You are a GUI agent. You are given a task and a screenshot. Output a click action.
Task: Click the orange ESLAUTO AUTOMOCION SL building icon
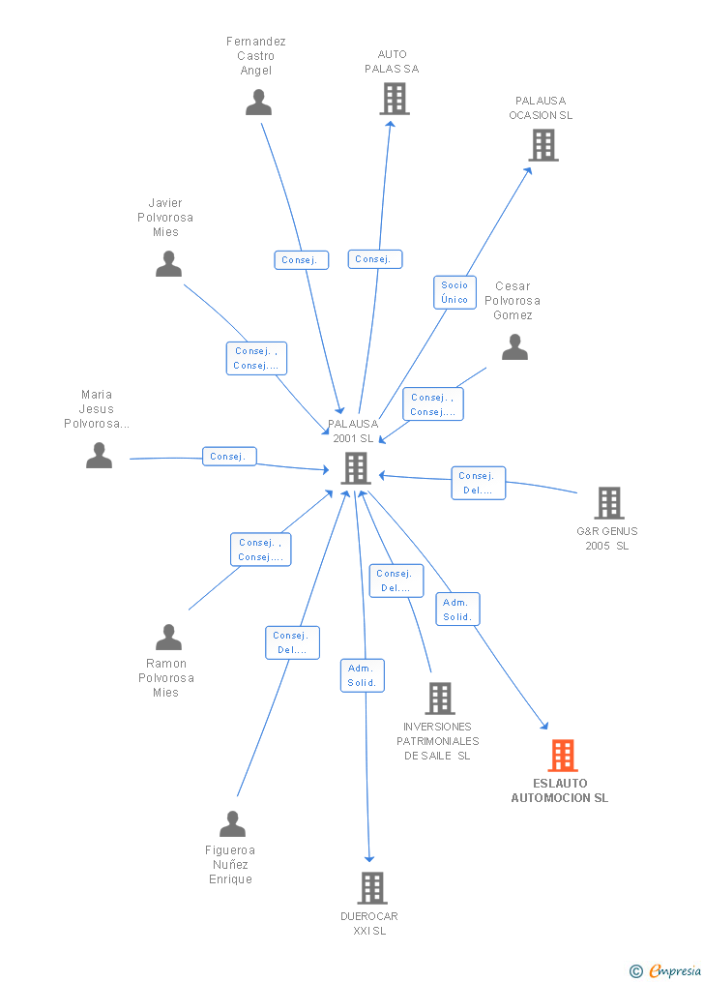562,755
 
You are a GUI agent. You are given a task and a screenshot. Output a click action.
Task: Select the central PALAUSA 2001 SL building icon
356,468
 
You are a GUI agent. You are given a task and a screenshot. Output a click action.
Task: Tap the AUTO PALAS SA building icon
394,99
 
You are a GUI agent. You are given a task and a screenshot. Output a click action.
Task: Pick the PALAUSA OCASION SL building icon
543,145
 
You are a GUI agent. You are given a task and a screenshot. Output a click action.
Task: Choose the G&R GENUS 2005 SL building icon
608,503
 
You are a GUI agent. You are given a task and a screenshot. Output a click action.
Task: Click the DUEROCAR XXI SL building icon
371,887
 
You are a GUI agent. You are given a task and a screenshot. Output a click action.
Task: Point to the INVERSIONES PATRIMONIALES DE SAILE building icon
439,698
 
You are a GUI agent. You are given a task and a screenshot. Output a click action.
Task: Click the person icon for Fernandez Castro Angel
258,103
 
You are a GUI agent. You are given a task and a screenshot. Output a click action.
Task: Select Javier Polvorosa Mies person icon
168,264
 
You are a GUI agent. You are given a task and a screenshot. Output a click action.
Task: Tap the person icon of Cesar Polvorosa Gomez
514,347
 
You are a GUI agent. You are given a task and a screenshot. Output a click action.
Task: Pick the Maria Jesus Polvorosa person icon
99,455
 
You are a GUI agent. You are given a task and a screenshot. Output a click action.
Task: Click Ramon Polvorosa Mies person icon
168,638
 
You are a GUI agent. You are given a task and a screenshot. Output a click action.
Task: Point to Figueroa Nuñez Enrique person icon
232,824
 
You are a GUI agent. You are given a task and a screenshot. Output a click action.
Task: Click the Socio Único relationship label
455,292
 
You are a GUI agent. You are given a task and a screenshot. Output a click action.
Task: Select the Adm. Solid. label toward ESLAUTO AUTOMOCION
457,610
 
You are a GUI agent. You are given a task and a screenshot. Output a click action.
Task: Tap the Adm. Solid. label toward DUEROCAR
363,675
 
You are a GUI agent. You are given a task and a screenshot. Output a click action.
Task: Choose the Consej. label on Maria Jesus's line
228,457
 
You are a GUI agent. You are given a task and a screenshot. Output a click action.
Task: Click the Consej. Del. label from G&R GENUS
478,483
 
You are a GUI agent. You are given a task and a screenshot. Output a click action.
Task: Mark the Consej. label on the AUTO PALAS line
374,259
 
